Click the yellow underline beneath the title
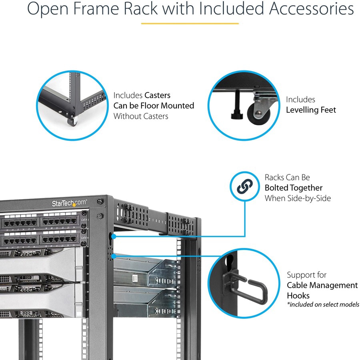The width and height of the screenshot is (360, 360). click(190, 23)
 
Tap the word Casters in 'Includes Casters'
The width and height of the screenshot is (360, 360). click(157, 95)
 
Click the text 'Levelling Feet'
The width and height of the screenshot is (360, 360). click(311, 110)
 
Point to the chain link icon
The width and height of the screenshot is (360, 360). click(246, 186)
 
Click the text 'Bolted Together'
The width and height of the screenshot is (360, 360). click(293, 188)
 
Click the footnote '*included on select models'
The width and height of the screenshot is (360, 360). click(323, 305)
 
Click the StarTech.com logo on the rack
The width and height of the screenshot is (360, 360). click(69, 203)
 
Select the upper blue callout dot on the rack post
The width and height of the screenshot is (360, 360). click(114, 236)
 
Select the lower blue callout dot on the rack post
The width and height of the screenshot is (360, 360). click(114, 256)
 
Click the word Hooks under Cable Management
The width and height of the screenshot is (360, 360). click(298, 296)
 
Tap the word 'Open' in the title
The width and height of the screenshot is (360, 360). click(46, 9)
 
